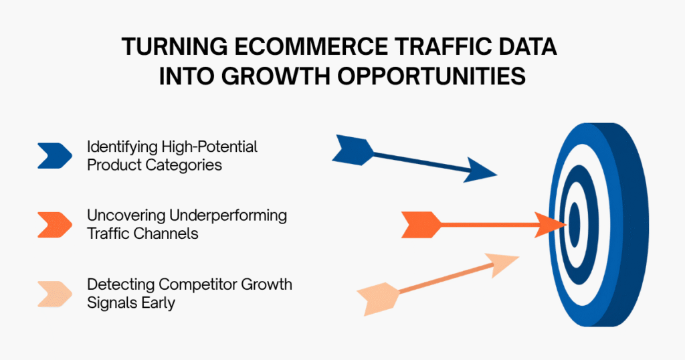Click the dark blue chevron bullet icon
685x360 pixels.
[x=55, y=155]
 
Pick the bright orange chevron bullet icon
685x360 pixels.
[x=55, y=224]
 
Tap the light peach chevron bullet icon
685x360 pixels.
[x=55, y=293]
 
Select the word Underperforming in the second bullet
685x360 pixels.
[x=234, y=215]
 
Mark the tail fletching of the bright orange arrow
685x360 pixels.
[x=421, y=224]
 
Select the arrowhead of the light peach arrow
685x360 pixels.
[x=503, y=264]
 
